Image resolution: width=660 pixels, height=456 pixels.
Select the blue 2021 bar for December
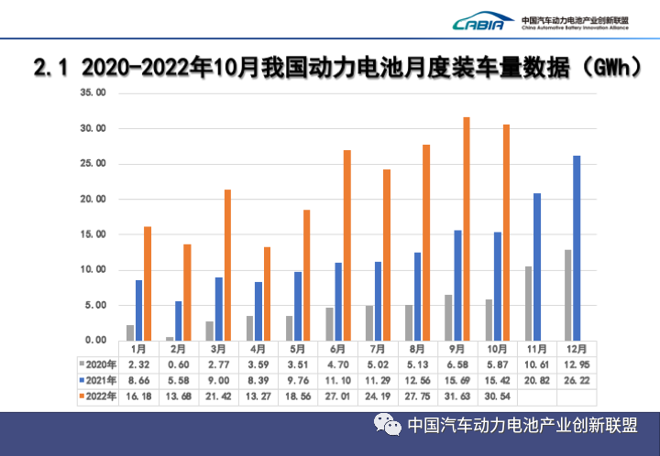(576, 248)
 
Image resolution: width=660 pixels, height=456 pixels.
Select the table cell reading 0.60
(179, 364)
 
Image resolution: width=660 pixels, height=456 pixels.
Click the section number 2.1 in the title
(51, 67)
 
